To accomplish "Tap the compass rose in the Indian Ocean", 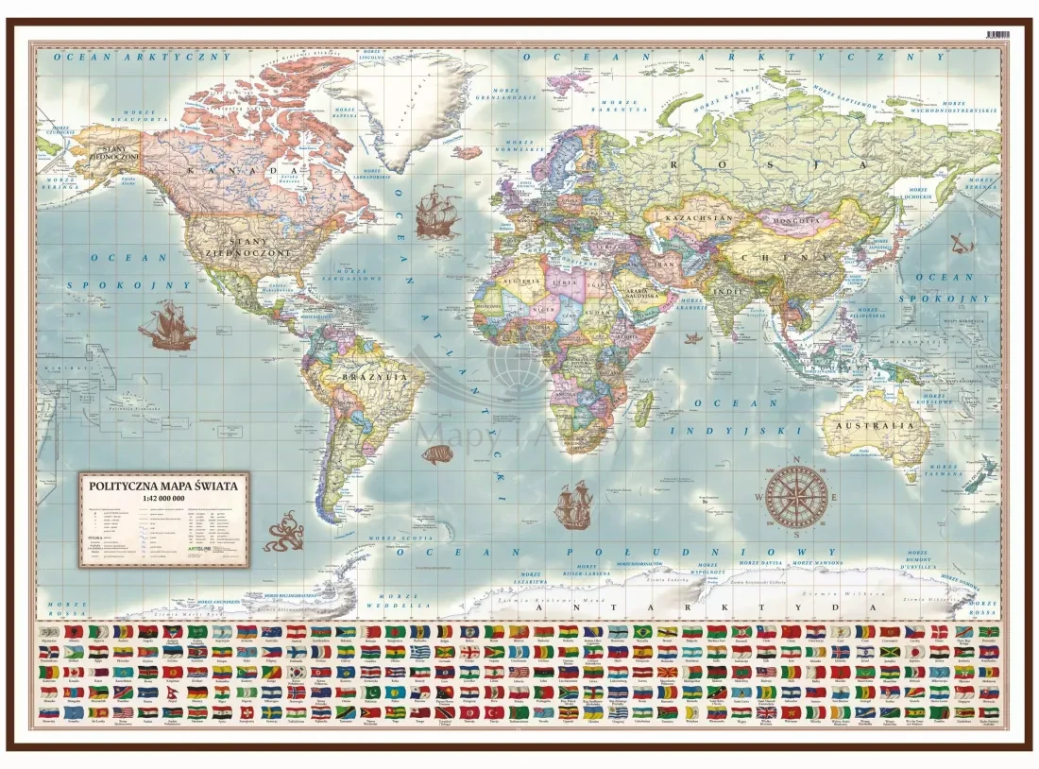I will click(796, 495).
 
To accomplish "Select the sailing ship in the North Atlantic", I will click(437, 213).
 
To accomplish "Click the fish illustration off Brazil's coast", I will click(435, 455).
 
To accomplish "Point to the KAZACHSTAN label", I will click(700, 219).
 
